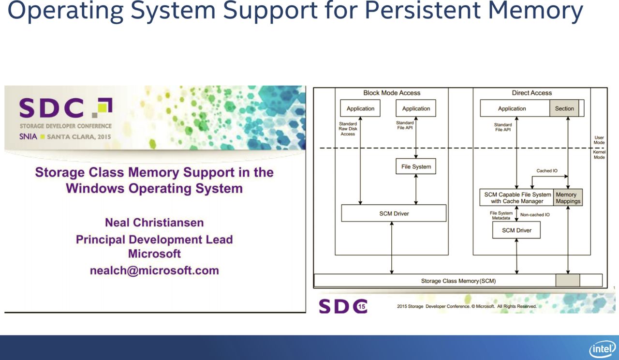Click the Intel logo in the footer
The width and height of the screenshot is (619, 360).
(603, 349)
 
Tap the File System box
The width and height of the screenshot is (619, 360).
(416, 166)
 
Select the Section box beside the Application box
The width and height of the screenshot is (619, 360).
(564, 108)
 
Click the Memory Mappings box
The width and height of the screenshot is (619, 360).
(568, 198)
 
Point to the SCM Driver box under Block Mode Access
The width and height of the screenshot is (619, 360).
(394, 213)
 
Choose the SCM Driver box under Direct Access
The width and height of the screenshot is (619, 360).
(516, 230)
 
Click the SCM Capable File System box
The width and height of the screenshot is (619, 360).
(516, 198)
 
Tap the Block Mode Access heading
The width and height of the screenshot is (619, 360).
(392, 93)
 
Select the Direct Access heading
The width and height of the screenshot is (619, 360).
(531, 93)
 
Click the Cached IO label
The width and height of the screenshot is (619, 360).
(547, 171)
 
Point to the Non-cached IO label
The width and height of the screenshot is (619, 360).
(535, 215)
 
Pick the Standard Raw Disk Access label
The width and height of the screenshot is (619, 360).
(348, 129)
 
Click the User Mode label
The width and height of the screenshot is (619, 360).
(599, 140)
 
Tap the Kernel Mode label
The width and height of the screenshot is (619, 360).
(599, 155)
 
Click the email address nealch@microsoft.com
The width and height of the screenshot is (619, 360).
(154, 270)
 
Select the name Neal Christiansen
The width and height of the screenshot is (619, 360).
(154, 223)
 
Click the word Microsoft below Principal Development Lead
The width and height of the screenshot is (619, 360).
(154, 254)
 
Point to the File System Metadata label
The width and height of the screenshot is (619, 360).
(501, 216)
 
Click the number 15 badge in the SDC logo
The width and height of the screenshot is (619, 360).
(361, 306)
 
